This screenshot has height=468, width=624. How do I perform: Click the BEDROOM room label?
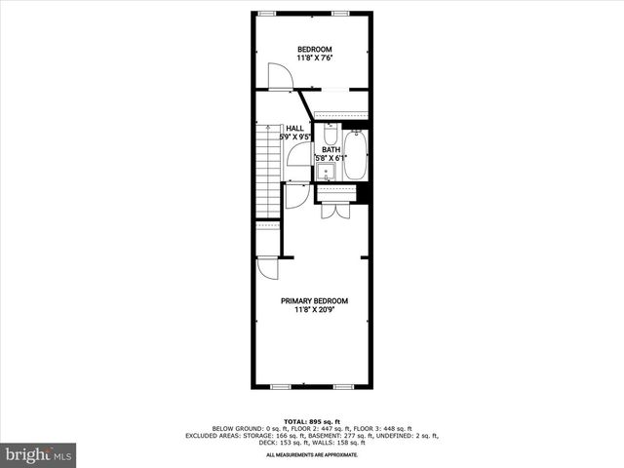click(314, 50)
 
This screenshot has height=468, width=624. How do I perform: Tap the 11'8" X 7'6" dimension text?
click(314, 59)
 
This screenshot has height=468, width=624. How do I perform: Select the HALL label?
click(294, 128)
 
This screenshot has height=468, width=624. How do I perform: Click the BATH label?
click(331, 149)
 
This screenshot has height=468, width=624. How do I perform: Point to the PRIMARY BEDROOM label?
click(314, 301)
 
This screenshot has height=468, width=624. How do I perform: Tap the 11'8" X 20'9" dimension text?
click(314, 311)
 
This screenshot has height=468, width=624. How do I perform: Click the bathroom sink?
click(326, 172)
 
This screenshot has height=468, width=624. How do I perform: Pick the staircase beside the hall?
click(267, 172)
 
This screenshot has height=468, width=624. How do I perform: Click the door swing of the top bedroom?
click(280, 76)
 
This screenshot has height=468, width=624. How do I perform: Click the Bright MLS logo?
click(39, 454)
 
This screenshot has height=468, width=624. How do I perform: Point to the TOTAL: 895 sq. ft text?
click(312, 419)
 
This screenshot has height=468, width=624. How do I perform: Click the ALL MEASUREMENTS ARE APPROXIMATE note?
click(312, 455)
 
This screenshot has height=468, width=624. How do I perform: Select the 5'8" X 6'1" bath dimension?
click(331, 158)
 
